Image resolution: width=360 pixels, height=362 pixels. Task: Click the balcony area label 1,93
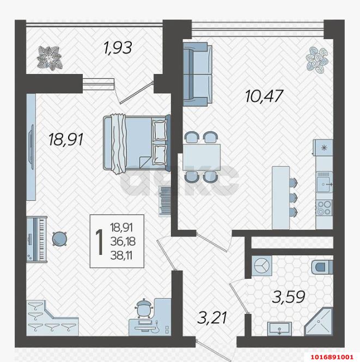pyautogui.click(x=117, y=48)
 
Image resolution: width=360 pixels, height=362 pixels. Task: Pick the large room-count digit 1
pyautogui.click(x=100, y=241)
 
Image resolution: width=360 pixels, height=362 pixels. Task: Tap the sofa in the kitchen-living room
pyautogui.click(x=197, y=74)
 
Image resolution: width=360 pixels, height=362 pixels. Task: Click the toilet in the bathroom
pyautogui.click(x=322, y=267)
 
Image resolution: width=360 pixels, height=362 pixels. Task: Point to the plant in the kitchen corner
pyautogui.click(x=318, y=58)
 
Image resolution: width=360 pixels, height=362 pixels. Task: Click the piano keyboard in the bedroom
pyautogui.click(x=36, y=240)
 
